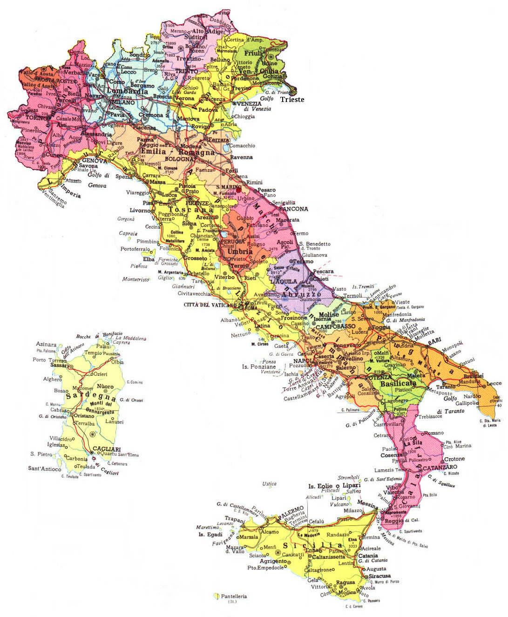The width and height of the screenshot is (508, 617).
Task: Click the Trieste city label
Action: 292,100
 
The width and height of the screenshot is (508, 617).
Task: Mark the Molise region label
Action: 329,315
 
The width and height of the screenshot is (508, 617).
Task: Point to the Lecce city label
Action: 494,383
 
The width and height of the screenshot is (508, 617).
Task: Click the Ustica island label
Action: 270,484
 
